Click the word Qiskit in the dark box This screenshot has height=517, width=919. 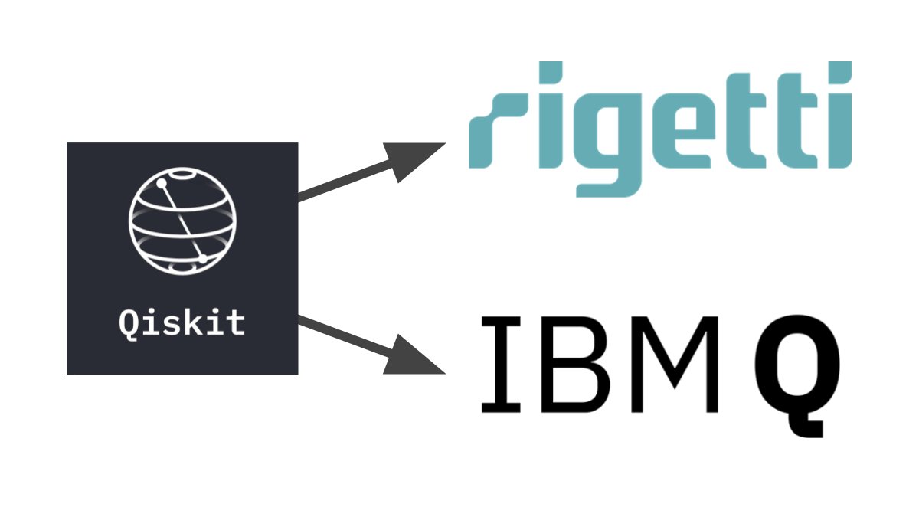[x=182, y=322]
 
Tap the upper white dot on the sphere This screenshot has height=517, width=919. [x=162, y=184]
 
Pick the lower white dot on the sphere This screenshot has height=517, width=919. [x=203, y=259]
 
